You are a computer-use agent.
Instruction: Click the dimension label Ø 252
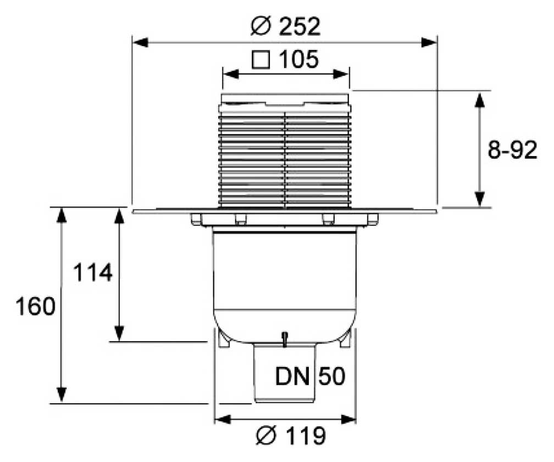pos(285,26)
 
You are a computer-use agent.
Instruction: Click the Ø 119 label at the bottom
pos(291,437)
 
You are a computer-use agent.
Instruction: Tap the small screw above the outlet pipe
pos(285,337)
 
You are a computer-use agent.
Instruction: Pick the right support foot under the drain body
pos(345,339)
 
